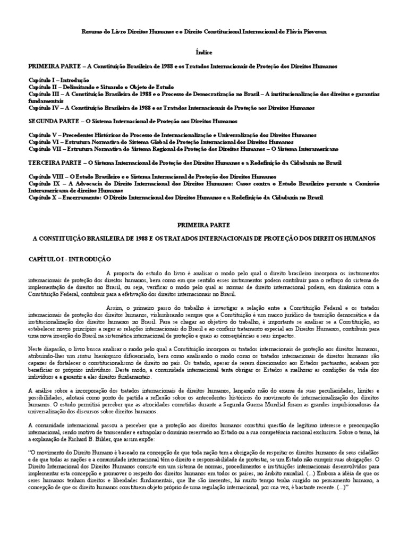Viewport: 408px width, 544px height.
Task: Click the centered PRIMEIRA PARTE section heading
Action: click(203, 225)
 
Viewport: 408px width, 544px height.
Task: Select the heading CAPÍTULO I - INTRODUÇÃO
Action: click(70, 259)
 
